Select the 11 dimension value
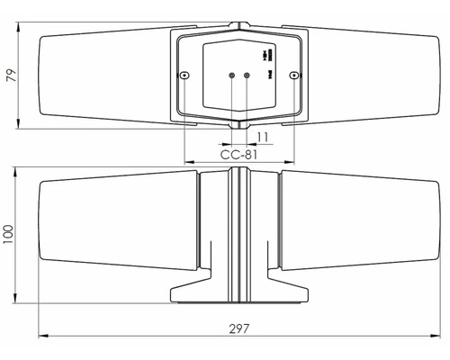tap(262, 136)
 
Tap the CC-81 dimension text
tap(238, 155)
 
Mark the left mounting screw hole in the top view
tap(184, 76)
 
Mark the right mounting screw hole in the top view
tap(294, 76)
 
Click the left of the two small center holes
tap(231, 76)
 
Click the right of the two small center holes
tap(247, 76)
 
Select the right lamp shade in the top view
tap(373, 76)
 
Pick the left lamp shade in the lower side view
tap(117, 225)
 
